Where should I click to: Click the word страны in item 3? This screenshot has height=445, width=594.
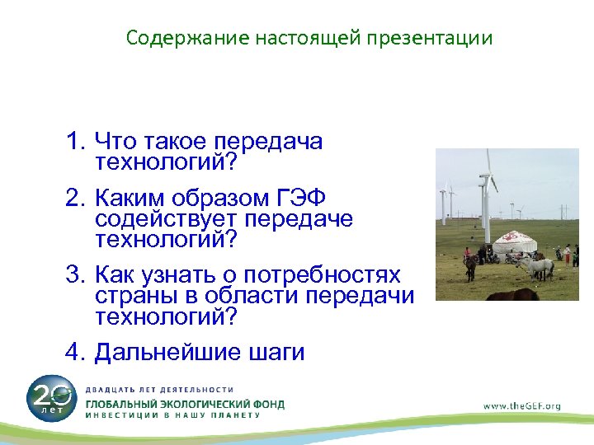(x=137, y=296)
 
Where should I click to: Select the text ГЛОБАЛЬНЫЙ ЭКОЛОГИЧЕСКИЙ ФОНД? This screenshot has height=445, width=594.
(x=185, y=404)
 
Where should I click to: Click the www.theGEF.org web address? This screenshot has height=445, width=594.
(x=521, y=405)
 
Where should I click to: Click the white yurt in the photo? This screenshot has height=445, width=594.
(x=510, y=246)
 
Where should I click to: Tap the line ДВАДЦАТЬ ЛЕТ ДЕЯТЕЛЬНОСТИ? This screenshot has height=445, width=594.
(x=159, y=390)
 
